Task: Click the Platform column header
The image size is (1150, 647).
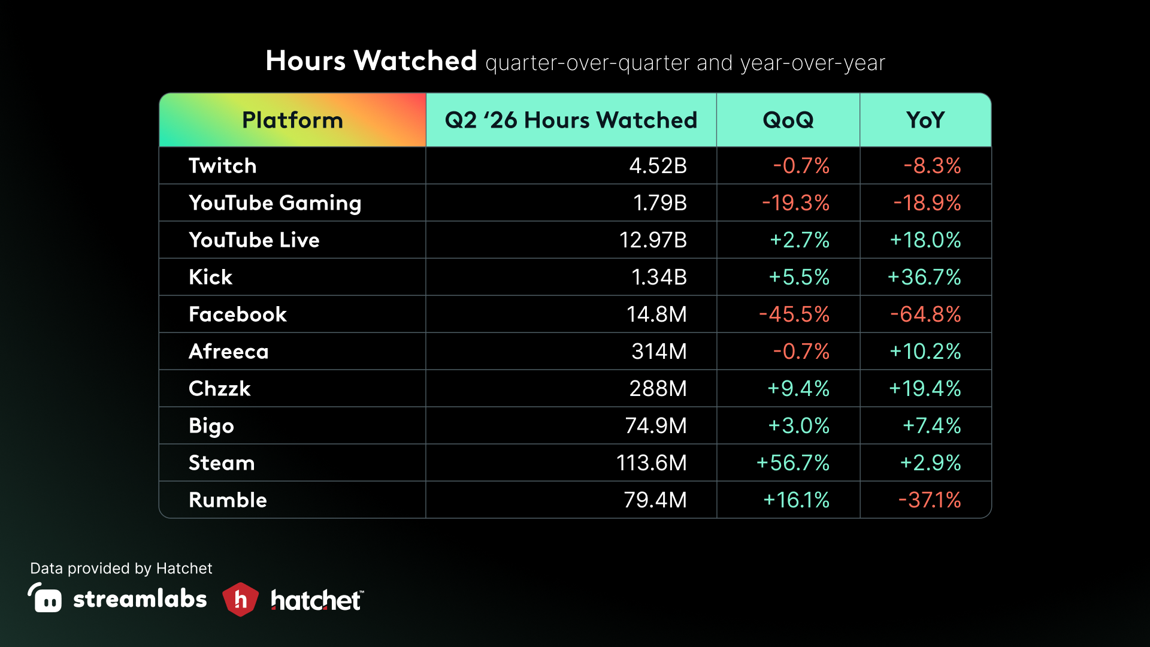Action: tap(292, 120)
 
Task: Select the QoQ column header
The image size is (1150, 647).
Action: tap(788, 120)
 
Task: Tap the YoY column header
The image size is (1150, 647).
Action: tap(925, 120)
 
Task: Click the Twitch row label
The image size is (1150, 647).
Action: tap(222, 166)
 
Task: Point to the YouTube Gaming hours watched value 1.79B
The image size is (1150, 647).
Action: tap(660, 203)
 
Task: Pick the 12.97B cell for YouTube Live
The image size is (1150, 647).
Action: tap(653, 240)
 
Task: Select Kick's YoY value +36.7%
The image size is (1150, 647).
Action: tap(924, 277)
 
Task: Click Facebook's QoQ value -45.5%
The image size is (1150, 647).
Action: tap(794, 315)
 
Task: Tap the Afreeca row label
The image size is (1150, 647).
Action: tap(229, 352)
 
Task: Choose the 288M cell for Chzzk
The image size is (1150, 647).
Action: tap(658, 389)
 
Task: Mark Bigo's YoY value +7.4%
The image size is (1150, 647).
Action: tap(932, 426)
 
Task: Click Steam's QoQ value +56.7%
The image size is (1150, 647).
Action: tap(793, 463)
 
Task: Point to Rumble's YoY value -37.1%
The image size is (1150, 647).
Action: tap(930, 500)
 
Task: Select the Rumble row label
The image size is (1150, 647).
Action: tap(228, 500)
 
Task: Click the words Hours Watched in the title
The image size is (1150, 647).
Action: tap(371, 61)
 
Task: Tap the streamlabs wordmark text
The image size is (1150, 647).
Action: tap(140, 599)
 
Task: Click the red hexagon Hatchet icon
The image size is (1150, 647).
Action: tap(240, 599)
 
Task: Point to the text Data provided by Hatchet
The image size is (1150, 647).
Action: tap(121, 569)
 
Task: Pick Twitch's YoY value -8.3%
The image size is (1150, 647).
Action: tap(933, 166)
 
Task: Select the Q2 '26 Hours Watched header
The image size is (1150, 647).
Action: tap(571, 120)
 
